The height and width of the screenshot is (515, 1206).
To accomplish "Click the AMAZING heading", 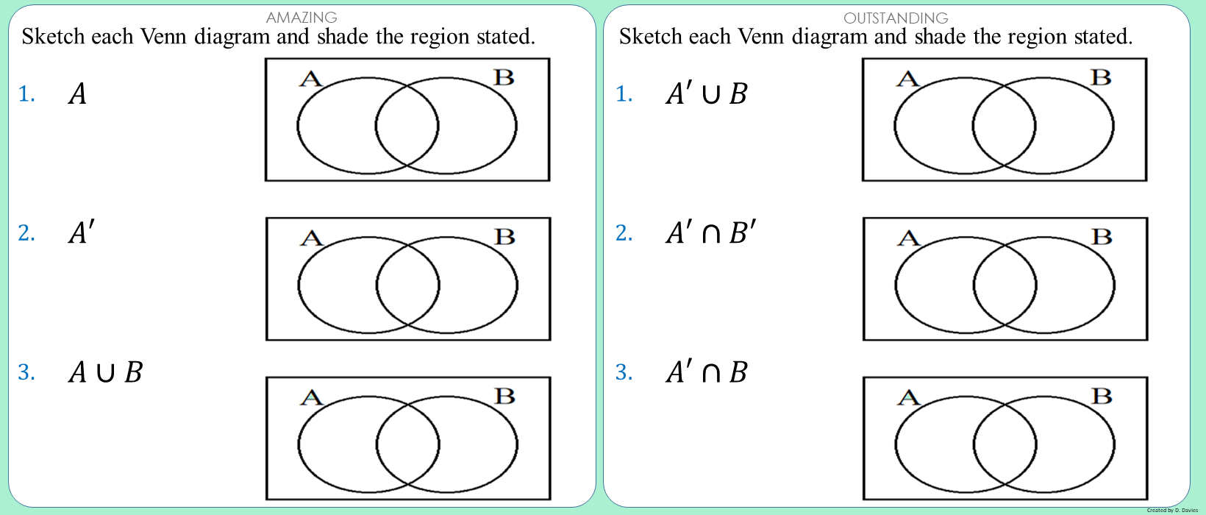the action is pos(301,18).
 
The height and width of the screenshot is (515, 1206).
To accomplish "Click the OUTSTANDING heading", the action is pos(896,18).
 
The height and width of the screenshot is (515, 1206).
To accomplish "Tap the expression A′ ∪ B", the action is pos(707,93).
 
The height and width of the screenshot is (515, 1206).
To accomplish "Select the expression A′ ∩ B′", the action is pos(710,233).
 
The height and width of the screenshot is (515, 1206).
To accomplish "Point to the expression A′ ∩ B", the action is pos(707,372).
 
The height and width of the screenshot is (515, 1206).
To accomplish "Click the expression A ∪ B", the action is pos(106,372).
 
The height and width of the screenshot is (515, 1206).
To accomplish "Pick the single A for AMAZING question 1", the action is pos(77,93).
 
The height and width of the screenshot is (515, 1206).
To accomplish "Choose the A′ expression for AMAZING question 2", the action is pos(82,233).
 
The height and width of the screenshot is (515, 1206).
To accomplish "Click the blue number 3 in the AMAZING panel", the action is pos(26,372).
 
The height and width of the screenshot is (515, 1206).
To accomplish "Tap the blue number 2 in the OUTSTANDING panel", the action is pos(624,233).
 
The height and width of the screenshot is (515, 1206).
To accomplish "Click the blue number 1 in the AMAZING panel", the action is pos(26,94).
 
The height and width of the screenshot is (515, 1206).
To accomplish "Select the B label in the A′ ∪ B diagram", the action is pos(1102,77).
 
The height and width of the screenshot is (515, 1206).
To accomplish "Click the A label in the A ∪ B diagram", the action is pos(312,397).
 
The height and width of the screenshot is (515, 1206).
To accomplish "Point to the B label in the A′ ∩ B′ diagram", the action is pos(1102,237).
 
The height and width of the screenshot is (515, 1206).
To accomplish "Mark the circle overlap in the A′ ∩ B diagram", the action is pos(1005,444).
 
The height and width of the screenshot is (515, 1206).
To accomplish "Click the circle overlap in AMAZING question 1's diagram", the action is pos(407,126).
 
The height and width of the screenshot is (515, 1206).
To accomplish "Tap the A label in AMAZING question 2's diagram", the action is pos(312,238).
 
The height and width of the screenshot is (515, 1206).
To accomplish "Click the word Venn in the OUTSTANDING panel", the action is pos(758,37).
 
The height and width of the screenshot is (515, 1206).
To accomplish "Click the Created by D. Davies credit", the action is pos(1172,510).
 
